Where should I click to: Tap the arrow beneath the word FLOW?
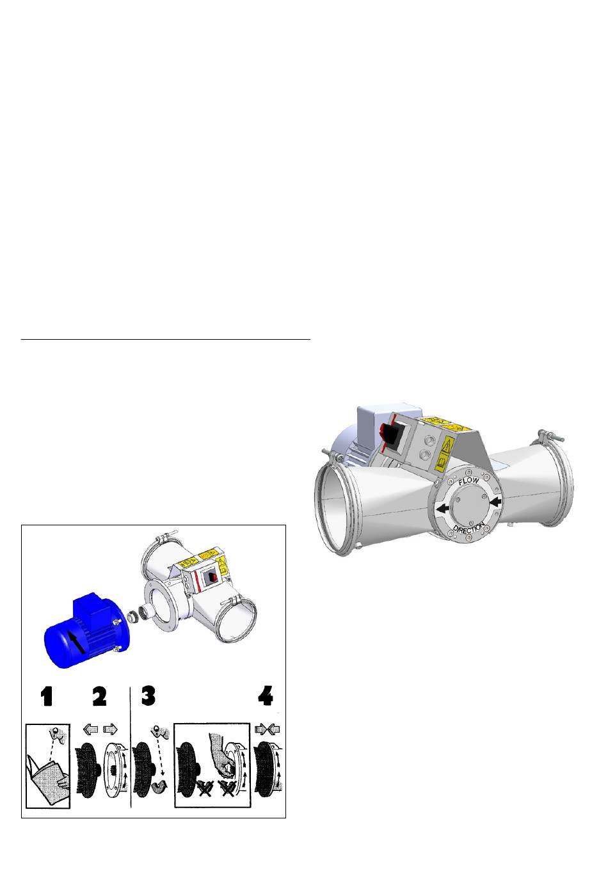pos(495,502)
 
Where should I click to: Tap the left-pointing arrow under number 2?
pos(91,729)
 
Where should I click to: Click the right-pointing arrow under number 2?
pos(110,729)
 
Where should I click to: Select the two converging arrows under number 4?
pos(268,729)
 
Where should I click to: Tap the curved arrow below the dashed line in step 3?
pos(159,786)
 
